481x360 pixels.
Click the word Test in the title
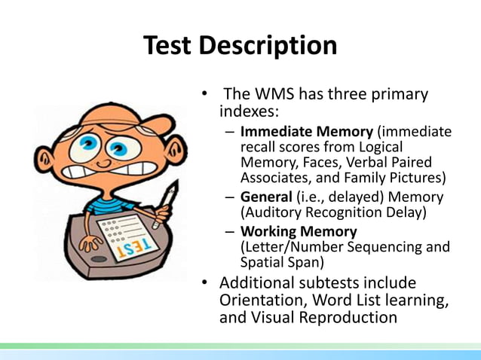(170, 46)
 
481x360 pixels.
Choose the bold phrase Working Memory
(299, 231)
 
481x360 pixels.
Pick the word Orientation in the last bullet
(263, 301)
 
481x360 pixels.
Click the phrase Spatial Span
(275, 263)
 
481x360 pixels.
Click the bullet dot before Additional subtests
(204, 284)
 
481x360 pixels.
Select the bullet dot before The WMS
(204, 96)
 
